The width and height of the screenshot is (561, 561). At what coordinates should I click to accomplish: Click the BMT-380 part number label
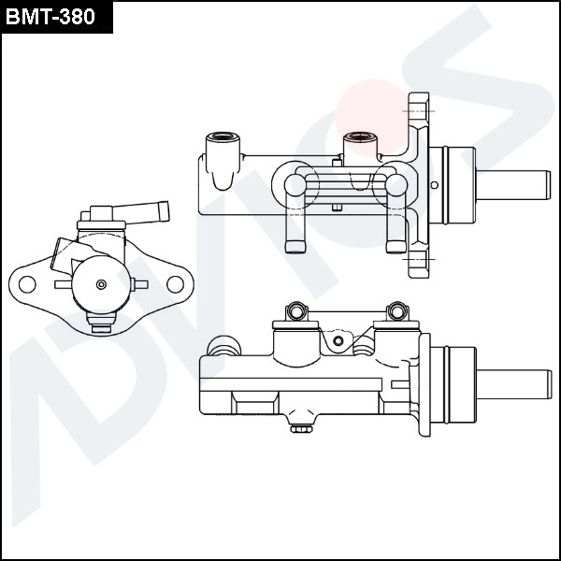click(x=50, y=17)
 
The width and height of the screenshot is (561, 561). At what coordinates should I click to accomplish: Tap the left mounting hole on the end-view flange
click(x=27, y=284)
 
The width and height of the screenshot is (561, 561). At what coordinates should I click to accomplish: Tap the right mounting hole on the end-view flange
click(x=176, y=284)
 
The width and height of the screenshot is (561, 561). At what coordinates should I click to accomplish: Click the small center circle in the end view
click(x=101, y=284)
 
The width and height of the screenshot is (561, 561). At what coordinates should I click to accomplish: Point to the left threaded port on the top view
click(x=223, y=137)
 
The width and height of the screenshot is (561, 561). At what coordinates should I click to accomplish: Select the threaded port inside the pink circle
click(x=360, y=137)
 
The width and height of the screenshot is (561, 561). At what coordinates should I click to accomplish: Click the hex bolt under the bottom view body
click(x=300, y=428)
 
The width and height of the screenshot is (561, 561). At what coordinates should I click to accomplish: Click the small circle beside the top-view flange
click(x=435, y=185)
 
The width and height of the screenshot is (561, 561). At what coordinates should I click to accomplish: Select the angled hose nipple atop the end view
click(x=141, y=213)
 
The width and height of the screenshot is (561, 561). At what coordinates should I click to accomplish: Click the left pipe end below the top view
click(x=295, y=247)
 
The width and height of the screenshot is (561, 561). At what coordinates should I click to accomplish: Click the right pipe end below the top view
click(x=396, y=247)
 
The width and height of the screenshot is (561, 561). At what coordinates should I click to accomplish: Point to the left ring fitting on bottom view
click(x=296, y=310)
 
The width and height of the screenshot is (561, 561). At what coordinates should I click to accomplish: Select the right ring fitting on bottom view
click(x=398, y=310)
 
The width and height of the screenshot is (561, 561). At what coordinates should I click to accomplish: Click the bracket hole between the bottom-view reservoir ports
click(x=338, y=340)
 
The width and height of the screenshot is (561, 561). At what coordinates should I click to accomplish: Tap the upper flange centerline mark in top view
click(x=419, y=111)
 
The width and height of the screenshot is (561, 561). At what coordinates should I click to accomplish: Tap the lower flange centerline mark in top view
click(x=419, y=259)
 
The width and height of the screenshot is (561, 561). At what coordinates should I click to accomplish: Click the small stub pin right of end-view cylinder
click(x=139, y=284)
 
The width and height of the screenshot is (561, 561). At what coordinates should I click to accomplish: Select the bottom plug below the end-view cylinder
click(x=101, y=323)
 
